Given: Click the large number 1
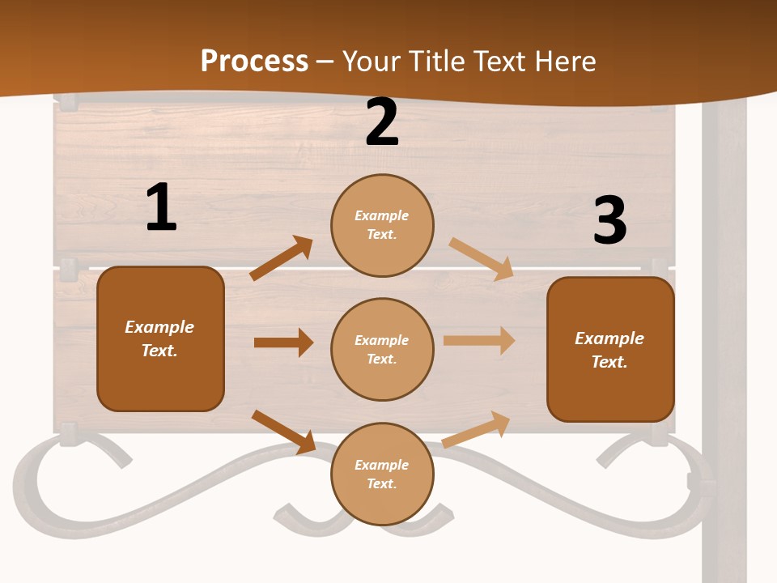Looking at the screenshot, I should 161,208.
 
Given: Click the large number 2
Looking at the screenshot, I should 382,123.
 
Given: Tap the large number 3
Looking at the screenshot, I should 609,221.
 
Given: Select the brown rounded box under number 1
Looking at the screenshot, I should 160,338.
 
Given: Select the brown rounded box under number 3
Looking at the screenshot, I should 610,349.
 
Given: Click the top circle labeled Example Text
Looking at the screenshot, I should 382,225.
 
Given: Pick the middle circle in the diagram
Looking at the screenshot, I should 382,349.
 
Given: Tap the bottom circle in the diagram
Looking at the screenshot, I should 382,474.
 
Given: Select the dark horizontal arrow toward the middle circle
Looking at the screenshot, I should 284,343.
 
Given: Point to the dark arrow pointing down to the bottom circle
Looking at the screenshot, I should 284,432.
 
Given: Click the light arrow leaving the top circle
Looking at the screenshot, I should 482,258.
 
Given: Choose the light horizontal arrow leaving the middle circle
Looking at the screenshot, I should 479,341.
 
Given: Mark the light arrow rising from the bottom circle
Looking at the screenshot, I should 477,429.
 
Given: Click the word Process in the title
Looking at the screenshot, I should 254,61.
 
